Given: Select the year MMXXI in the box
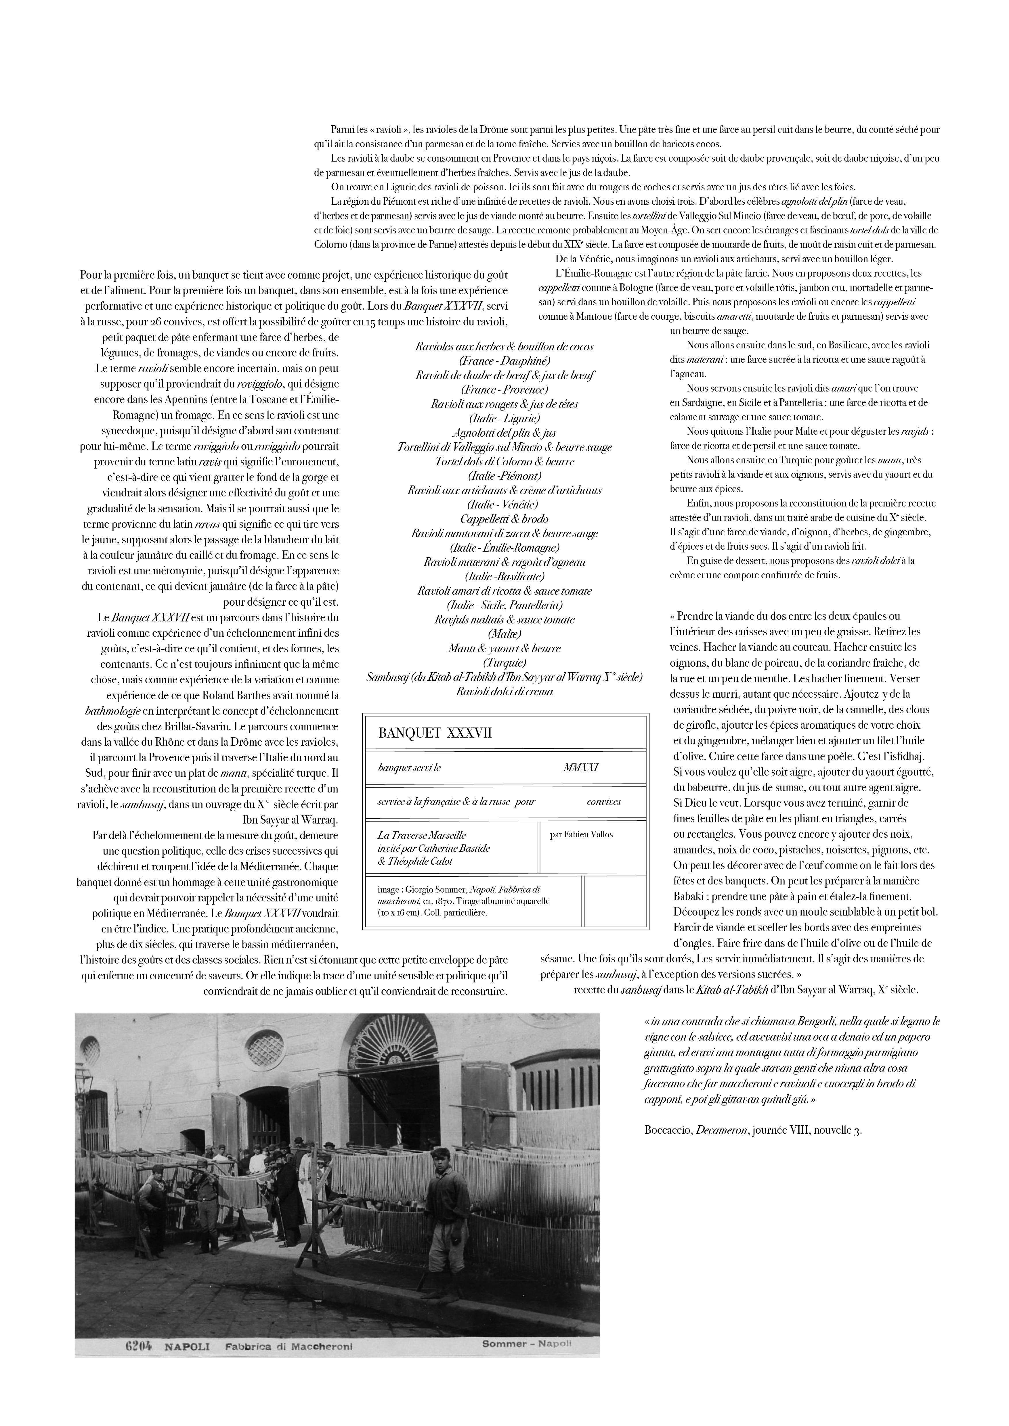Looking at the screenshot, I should pos(580,768).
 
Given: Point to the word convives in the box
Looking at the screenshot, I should pos(603,802).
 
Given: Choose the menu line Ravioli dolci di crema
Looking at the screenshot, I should pos(504,691).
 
